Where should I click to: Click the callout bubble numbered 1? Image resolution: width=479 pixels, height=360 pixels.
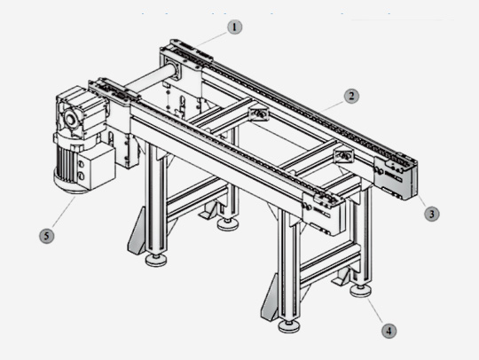click(234, 27)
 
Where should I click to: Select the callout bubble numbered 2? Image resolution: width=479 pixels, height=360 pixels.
click(351, 96)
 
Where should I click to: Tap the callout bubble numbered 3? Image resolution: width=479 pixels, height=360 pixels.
click(432, 214)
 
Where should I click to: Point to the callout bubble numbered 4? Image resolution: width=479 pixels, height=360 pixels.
click(389, 331)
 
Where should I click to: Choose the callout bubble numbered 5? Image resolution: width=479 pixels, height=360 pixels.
click(47, 236)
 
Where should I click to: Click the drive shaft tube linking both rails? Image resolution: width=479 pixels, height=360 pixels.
click(150, 80)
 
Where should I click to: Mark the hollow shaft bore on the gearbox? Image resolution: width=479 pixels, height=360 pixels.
click(70, 120)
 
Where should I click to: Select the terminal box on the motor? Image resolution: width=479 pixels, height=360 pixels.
click(96, 168)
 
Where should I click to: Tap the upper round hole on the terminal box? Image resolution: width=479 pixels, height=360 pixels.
click(81, 164)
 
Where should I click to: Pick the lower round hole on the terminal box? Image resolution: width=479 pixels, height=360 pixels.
click(82, 176)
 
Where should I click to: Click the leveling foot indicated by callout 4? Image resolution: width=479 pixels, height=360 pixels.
click(361, 291)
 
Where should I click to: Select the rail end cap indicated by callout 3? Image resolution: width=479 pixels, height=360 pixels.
click(395, 177)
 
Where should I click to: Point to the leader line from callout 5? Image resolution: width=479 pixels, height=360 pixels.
click(64, 212)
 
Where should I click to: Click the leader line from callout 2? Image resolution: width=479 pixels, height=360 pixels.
click(333, 106)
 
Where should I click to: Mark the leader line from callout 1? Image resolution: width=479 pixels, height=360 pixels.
click(212, 39)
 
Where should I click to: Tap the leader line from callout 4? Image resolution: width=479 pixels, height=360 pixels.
click(375, 310)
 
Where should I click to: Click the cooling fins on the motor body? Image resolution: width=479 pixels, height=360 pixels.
click(67, 163)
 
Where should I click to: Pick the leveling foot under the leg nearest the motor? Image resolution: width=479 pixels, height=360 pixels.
click(156, 260)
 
